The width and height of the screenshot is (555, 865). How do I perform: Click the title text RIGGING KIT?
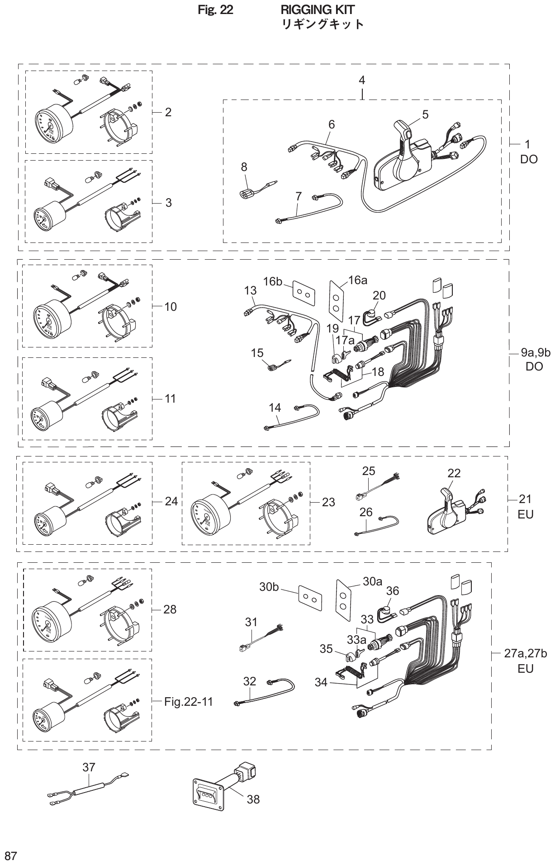click(x=318, y=10)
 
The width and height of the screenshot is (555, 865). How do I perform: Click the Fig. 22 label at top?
click(x=216, y=10)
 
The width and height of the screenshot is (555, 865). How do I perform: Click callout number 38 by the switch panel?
click(x=253, y=799)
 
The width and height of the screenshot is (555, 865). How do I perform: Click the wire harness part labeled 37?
click(x=88, y=792)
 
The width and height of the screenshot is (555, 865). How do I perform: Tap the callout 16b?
click(x=272, y=281)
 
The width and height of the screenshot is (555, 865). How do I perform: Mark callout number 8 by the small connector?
click(x=244, y=167)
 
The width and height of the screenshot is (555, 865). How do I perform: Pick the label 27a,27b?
click(x=526, y=653)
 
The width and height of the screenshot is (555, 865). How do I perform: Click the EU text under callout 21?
click(x=525, y=514)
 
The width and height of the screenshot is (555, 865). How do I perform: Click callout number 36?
click(x=392, y=591)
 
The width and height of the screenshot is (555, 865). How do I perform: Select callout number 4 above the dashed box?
click(x=362, y=80)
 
